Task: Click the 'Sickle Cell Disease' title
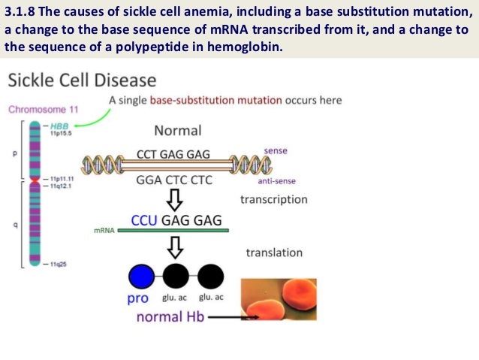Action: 82,80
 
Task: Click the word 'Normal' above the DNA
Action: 177,130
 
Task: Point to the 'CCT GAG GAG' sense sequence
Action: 178,154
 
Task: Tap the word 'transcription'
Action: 273,199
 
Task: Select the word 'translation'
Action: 274,253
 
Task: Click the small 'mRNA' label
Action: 104,230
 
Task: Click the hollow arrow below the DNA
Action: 176,198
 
